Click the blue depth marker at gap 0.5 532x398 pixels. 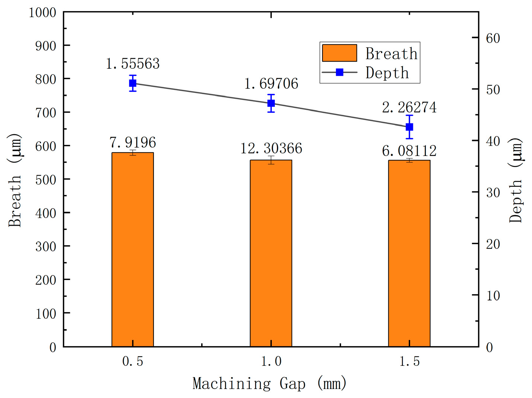pos(133,83)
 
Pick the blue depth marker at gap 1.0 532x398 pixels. pos(271,103)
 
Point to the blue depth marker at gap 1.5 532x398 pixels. pos(409,127)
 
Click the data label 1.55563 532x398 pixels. pos(133,64)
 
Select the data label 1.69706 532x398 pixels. pos(271,84)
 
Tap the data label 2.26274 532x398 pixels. pos(409,108)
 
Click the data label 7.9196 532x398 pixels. pos(133,142)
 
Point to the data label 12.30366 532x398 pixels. pos(271,148)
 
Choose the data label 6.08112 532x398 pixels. pos(409,151)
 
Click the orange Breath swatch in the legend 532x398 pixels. pos(339,53)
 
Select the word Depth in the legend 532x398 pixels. pos(387,73)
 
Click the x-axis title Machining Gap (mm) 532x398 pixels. pos(270,383)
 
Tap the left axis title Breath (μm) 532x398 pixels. pos(15,180)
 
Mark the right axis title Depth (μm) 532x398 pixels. pos(516,180)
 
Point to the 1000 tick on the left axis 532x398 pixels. pos(42,12)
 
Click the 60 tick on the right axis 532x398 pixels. pos(493,38)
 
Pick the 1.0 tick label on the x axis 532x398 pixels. pos(271,361)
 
